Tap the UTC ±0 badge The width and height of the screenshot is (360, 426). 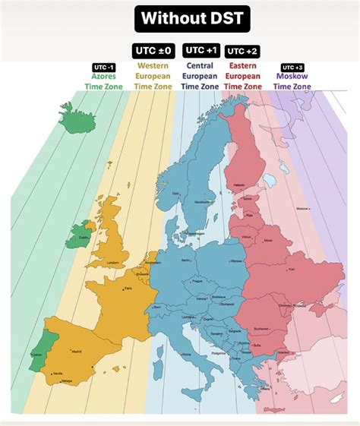pos(153,51)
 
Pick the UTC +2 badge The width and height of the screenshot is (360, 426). pos(242,51)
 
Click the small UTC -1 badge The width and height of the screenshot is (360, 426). pos(104,67)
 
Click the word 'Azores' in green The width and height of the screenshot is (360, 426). pos(104,76)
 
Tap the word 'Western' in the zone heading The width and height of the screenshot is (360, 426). pos(153,66)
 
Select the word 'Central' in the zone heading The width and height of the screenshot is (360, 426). pos(201,66)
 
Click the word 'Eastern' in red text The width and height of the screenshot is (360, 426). pos(243,66)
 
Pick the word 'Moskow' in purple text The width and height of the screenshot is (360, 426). pos(292,76)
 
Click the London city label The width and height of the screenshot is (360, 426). pos(114,263)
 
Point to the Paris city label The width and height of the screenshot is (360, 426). pos(128,289)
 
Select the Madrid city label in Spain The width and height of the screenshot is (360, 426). pos(76,352)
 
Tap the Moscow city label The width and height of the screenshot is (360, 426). pos(302,207)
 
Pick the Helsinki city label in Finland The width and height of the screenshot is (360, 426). pos(239,184)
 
